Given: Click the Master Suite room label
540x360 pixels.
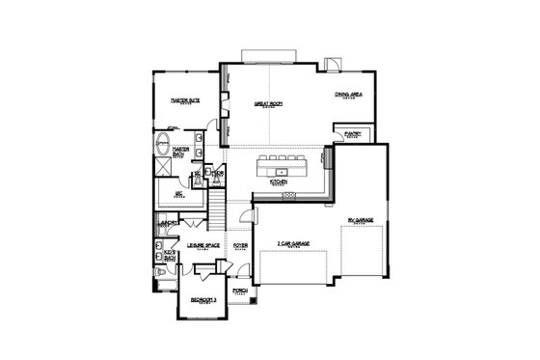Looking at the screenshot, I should pyautogui.click(x=186, y=99).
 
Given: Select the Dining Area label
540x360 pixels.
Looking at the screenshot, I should pyautogui.click(x=348, y=94).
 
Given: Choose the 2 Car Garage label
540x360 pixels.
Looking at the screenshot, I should pyautogui.click(x=292, y=243).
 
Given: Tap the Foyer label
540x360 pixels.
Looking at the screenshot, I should pyautogui.click(x=240, y=246).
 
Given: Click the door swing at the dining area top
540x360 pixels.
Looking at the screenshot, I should pyautogui.click(x=333, y=66).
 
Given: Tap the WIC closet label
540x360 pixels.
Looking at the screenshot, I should pyautogui.click(x=178, y=194).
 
